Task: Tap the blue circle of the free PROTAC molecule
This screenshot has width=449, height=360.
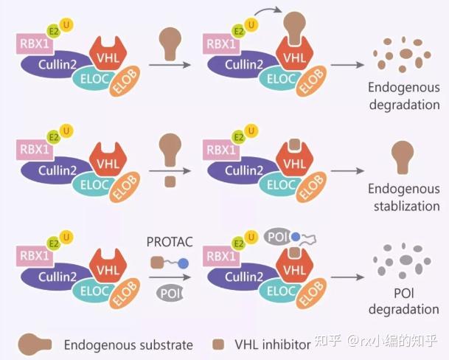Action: pos(182,263)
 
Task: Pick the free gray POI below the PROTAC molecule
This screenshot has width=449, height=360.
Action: pos(169,292)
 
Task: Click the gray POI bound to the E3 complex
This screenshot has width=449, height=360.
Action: pos(276,236)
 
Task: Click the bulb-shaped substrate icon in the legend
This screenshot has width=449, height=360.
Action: pos(35,344)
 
